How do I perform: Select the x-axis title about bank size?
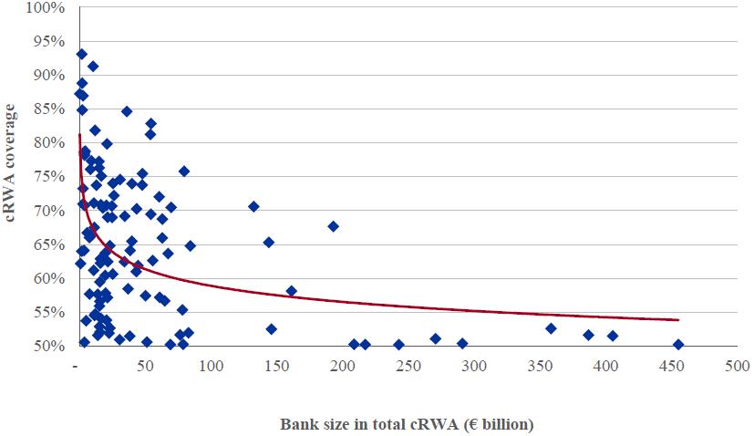(407, 424)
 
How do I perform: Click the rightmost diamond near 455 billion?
(678, 345)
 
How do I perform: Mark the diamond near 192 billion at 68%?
(333, 226)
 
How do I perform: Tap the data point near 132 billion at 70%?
(253, 207)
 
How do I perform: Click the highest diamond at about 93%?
(81, 54)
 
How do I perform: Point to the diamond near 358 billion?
(551, 328)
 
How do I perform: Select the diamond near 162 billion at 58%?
(292, 291)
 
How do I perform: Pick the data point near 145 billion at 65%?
(269, 243)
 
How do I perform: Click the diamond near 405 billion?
(613, 336)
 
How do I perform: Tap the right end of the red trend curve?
(678, 320)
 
